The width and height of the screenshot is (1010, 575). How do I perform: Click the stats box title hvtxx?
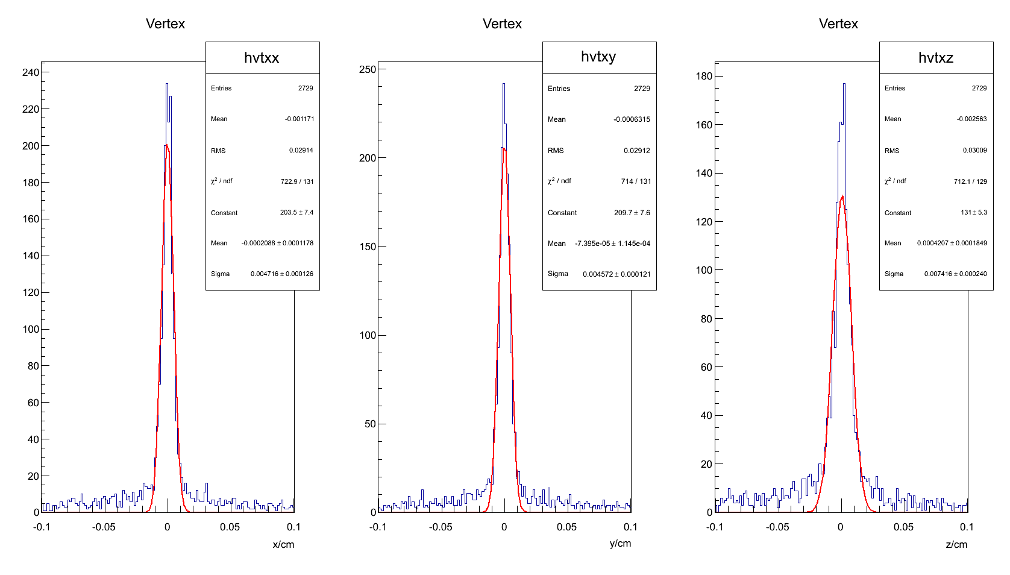(x=262, y=58)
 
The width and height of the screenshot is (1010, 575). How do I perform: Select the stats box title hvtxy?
(x=598, y=57)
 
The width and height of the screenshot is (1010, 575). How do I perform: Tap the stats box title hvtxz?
(x=935, y=58)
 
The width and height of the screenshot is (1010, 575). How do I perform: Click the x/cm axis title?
(x=283, y=544)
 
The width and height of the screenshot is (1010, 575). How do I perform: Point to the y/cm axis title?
(x=620, y=543)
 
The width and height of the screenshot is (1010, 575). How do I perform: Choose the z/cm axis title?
(x=956, y=544)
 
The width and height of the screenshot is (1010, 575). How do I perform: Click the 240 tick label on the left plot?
(x=31, y=72)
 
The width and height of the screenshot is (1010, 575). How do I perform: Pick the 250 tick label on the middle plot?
(x=368, y=69)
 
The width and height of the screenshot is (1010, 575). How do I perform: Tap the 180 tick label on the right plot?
(x=704, y=76)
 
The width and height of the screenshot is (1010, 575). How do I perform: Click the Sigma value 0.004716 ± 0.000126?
(x=281, y=274)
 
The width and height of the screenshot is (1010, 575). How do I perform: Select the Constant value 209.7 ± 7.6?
(x=632, y=213)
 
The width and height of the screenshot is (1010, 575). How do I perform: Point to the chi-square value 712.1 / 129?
(x=970, y=181)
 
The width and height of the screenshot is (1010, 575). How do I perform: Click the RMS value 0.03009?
(x=974, y=150)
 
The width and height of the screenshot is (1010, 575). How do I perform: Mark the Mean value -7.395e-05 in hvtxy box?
(x=612, y=244)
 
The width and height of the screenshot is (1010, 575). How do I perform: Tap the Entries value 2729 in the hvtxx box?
(x=306, y=88)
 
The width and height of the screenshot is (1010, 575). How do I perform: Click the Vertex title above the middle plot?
(x=502, y=24)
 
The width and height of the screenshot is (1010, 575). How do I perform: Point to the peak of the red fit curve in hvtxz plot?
(x=842, y=196)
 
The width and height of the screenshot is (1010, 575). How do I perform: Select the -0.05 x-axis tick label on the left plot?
(x=104, y=527)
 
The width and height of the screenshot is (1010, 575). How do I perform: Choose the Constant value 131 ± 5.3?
(x=974, y=212)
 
